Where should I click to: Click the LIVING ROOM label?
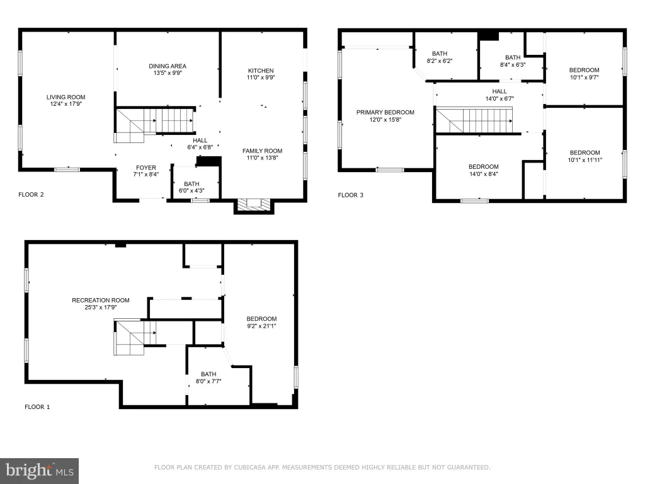pyautogui.click(x=66, y=97)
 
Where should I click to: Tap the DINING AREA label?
pyautogui.click(x=168, y=66)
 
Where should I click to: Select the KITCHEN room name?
pyautogui.click(x=261, y=71)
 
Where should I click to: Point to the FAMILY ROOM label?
pyautogui.click(x=262, y=151)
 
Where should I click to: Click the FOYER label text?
pyautogui.click(x=146, y=168)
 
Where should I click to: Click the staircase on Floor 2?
pyautogui.click(x=155, y=124)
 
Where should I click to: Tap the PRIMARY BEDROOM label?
pyautogui.click(x=385, y=112)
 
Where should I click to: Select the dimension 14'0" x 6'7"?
pyautogui.click(x=499, y=99)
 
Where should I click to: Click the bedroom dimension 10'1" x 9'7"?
pyautogui.click(x=584, y=77)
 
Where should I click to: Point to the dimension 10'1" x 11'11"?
pyautogui.click(x=585, y=159)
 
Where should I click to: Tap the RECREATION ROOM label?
pyautogui.click(x=101, y=300)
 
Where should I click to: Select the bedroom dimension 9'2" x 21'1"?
pyautogui.click(x=261, y=326)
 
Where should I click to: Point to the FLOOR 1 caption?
pyautogui.click(x=37, y=406)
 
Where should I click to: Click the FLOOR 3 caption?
pyautogui.click(x=350, y=195)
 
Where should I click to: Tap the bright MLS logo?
pyautogui.click(x=39, y=471)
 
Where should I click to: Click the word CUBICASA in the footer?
pyautogui.click(x=248, y=467)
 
